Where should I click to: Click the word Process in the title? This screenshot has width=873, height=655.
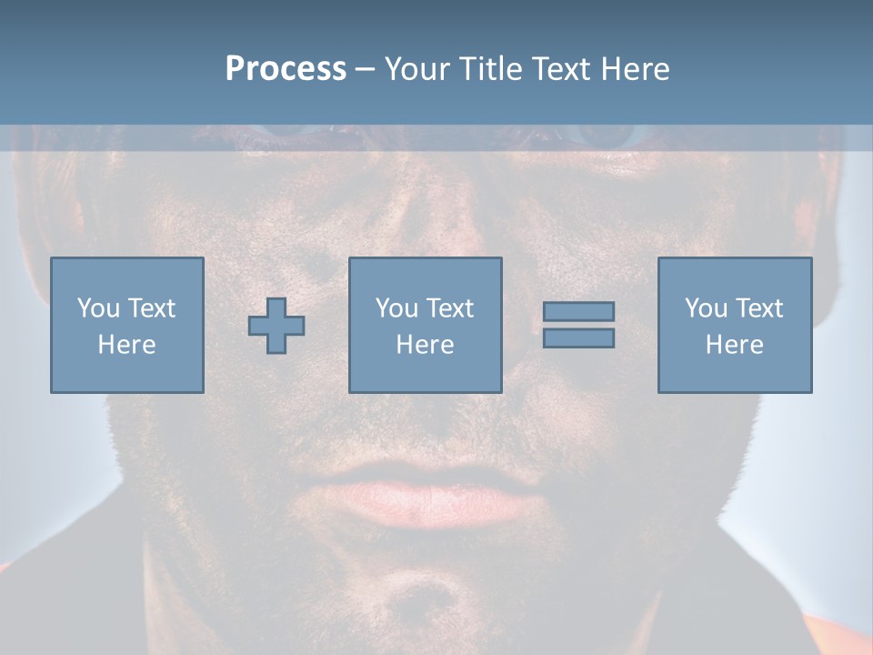tap(286, 69)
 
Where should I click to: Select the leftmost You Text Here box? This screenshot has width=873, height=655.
tap(126, 325)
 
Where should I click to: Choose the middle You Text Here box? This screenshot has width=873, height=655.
tap(425, 325)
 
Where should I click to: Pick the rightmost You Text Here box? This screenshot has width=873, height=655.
tap(734, 325)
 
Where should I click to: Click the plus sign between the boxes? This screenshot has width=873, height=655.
tap(276, 326)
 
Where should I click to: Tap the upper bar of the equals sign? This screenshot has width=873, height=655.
tap(578, 311)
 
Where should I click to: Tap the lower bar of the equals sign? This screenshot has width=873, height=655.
tap(578, 338)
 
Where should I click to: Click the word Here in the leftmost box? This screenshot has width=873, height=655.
tap(126, 345)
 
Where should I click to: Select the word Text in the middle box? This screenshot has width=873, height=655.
tap(450, 308)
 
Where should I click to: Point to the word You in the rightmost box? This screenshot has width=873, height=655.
tap(706, 308)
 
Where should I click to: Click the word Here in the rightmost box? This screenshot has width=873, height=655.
tap(734, 345)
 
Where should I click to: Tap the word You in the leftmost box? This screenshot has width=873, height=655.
tap(98, 308)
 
